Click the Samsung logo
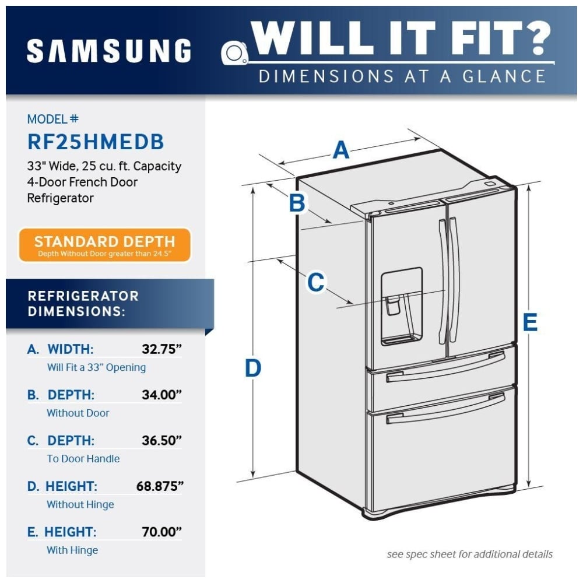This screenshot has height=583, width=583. point(109,51)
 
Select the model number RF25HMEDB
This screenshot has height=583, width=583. point(96,142)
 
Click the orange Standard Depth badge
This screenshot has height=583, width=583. point(104,245)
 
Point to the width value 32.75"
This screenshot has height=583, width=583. point(161,349)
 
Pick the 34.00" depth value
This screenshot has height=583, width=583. point(161,395)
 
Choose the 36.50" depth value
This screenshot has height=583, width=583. point(161,440)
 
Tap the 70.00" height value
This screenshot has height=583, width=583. point(161,532)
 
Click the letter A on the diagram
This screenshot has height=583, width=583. point(341,150)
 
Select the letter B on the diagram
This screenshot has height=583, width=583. point(297,203)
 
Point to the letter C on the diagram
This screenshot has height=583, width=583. point(315,282)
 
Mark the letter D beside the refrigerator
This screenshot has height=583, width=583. point(252,368)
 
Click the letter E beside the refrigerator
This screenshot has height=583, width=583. point(529,322)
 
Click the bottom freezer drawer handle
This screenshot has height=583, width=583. point(446,408)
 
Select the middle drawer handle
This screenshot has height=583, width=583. point(446,366)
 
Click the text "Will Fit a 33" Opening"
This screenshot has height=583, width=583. point(96,367)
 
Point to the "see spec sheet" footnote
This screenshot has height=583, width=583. point(469,554)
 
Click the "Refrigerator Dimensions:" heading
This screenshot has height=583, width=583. point(83,303)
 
